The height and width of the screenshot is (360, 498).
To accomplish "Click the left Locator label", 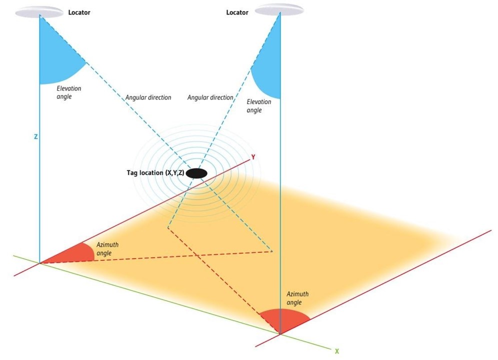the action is click(x=79, y=12).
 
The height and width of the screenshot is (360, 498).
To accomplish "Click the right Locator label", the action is click(x=237, y=12).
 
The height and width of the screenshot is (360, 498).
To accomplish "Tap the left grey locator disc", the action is click(x=39, y=12).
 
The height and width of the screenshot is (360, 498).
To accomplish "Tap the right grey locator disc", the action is click(x=279, y=9).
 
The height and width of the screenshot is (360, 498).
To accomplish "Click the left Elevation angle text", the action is click(x=69, y=92).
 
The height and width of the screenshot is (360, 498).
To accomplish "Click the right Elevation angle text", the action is click(x=259, y=106).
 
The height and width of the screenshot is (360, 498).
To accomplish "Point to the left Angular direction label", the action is click(x=148, y=97).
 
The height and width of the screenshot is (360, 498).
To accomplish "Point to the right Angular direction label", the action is click(x=210, y=97).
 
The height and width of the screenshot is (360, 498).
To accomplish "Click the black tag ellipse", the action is click(x=196, y=173).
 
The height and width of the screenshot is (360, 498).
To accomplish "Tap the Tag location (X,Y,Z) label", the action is click(x=155, y=173).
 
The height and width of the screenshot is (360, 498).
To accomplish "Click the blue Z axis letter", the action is click(x=36, y=136).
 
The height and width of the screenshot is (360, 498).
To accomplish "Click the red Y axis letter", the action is click(x=253, y=157).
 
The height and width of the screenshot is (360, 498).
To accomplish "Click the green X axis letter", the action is click(x=336, y=351).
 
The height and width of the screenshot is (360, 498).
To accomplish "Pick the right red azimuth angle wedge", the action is click(x=284, y=320).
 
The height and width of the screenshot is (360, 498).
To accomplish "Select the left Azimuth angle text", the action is click(x=107, y=249).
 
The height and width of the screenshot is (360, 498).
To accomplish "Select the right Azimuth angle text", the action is click(x=297, y=298).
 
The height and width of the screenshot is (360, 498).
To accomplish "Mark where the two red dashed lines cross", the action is click(x=196, y=255).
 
